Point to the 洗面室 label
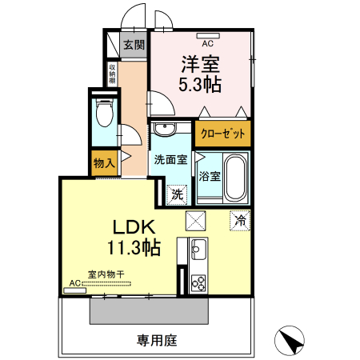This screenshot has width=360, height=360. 170,159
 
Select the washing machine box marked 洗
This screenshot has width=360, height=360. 178,193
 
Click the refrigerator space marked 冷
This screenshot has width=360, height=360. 239,218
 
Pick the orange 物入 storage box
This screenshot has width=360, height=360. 104,162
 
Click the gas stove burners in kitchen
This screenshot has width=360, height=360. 198,283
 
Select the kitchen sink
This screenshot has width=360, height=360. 198,248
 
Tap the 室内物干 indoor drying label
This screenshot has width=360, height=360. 106,274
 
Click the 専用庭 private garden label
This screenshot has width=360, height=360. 156,340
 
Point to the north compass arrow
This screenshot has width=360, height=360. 291,342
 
